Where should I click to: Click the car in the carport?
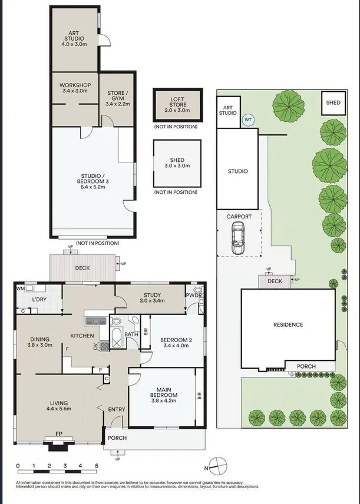tap(239, 237)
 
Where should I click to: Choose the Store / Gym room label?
tap(117, 97)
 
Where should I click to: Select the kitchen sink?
tap(95, 321)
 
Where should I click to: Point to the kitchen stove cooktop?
tap(104, 346)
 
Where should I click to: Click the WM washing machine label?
tap(21, 289)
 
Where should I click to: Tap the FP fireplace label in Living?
tap(59, 435)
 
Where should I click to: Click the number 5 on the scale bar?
tap(96, 465)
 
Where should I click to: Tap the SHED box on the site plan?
tap(333, 102)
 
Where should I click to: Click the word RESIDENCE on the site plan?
tap(288, 324)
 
